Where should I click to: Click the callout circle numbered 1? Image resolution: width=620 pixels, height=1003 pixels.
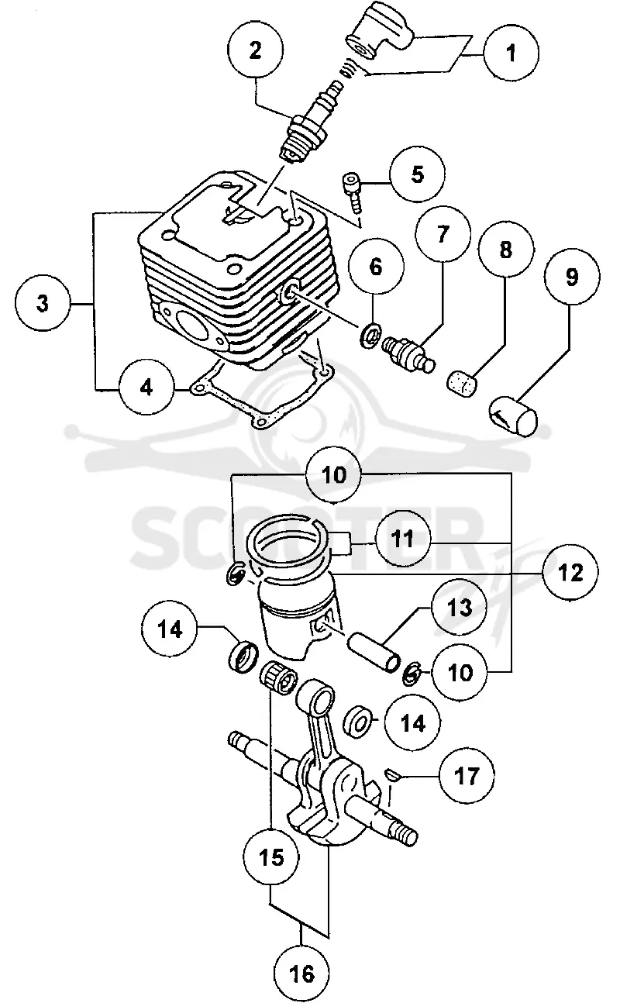(511, 53)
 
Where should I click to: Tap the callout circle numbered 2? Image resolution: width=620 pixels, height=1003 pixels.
(255, 50)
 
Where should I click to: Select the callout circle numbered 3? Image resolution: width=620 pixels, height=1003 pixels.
(43, 304)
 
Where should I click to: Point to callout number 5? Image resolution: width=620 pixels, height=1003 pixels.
(417, 174)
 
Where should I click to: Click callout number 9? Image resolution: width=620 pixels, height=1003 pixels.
(572, 277)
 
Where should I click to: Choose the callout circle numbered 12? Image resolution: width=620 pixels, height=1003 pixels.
(570, 573)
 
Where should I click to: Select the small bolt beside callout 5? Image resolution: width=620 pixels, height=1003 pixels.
(353, 194)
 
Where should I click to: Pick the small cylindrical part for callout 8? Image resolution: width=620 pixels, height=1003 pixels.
(463, 383)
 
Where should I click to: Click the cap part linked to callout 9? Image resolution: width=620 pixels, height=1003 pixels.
(512, 414)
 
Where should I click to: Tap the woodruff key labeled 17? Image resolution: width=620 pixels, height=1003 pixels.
(393, 774)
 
